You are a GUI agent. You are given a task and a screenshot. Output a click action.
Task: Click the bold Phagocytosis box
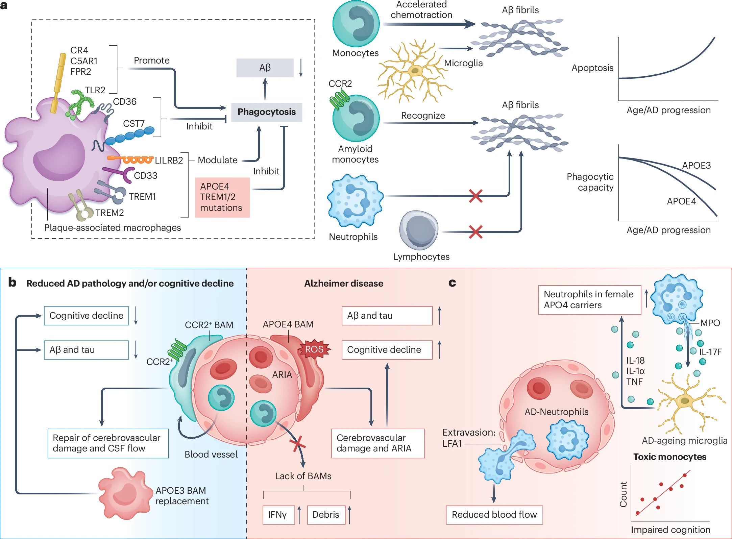tap(266, 112)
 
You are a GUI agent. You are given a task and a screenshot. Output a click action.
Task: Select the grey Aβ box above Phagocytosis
tap(265, 68)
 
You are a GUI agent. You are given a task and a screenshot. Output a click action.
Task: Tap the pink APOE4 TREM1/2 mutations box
tap(222, 197)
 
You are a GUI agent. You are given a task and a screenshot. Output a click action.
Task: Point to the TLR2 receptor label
tap(95, 90)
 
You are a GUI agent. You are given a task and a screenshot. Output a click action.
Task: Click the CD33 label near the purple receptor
tap(146, 176)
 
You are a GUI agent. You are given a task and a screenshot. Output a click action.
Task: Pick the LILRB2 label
tap(169, 160)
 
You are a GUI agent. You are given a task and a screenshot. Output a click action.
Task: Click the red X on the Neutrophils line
tap(475, 196)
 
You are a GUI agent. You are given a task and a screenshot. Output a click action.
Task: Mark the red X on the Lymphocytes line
tap(475, 232)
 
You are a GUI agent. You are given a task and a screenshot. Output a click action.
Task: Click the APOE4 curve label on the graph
tap(681, 201)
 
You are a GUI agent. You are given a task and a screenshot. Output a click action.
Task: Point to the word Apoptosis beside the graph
tap(592, 68)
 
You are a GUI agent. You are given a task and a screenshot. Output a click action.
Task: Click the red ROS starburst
tap(314, 349)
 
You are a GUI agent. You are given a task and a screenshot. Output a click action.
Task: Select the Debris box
tap(326, 515)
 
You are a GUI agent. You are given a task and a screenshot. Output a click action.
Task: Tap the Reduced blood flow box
tap(494, 515)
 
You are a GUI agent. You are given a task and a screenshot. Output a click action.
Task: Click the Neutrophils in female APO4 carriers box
tap(589, 300)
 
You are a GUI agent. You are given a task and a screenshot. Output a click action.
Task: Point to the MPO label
tap(710, 323)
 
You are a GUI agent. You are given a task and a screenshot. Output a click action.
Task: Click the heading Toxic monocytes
tap(669, 457)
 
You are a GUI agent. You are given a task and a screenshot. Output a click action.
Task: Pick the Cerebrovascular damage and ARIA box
tap(377, 443)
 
